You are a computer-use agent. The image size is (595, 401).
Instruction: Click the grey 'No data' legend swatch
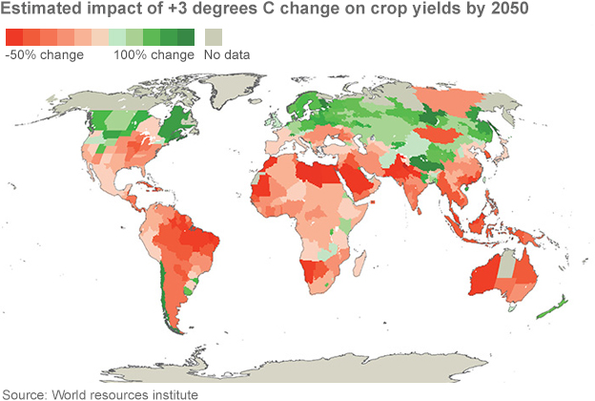pyautogui.click(x=212, y=36)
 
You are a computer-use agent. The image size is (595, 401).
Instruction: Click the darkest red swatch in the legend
pyautogui.click(x=13, y=36)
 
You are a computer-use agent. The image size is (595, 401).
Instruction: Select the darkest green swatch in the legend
pyautogui.click(x=186, y=36)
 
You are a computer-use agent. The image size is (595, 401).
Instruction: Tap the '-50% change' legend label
pyautogui.click(x=45, y=54)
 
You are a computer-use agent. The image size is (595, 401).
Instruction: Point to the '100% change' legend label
pyautogui.click(x=152, y=54)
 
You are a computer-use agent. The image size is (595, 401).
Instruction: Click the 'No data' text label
pyautogui.click(x=227, y=54)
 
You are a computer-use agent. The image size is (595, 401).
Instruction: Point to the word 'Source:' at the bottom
pyautogui.click(x=29, y=393)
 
